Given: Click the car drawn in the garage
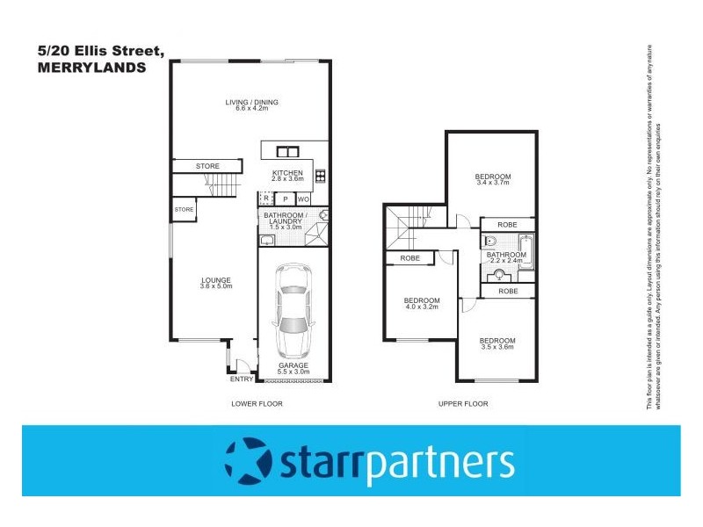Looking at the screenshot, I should coord(294,308).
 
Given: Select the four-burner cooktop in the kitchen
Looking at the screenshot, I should coord(320,175).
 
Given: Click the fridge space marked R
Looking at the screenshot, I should coord(266,199).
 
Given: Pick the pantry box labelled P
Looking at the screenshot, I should coord(285,199).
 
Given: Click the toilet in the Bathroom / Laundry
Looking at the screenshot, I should coord(323,213).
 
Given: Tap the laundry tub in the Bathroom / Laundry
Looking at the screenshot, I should coord(268,238).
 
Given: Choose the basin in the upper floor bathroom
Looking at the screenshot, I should coord(500,274).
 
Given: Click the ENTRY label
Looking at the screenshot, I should coord(242,379).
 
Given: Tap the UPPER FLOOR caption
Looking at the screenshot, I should coord(462,404).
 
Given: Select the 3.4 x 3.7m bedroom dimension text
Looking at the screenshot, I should coord(492,184).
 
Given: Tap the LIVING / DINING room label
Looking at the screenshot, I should coord(251,102).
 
